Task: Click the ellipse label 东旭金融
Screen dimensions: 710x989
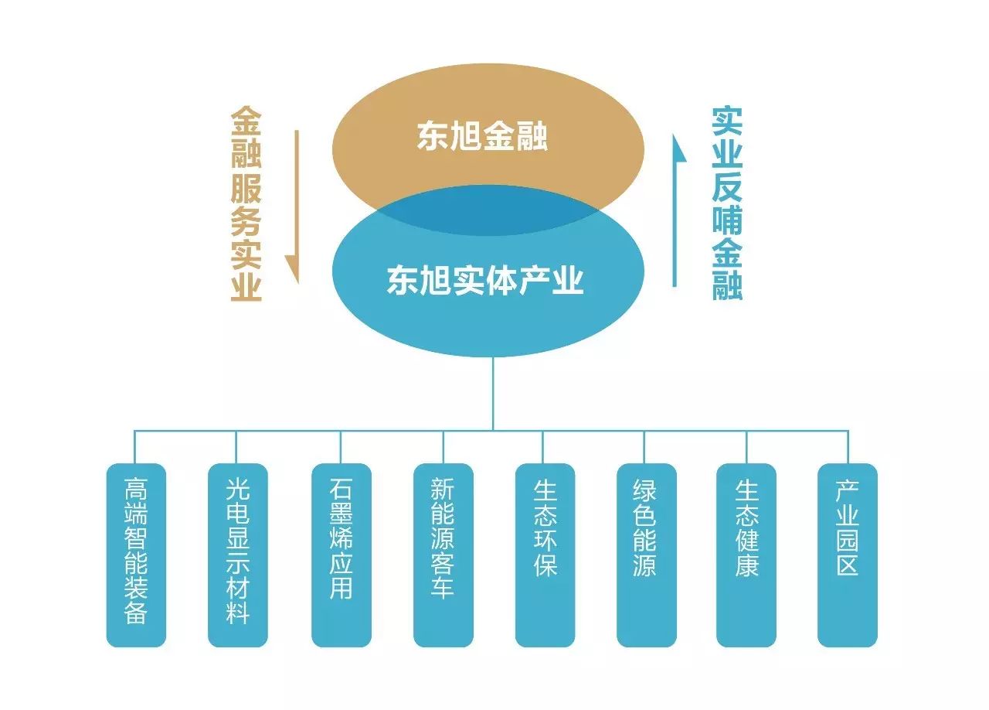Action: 482,136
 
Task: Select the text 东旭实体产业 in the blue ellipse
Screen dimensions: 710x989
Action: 485,280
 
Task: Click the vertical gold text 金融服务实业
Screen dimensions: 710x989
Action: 246,204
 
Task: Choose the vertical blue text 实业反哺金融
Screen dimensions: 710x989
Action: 726,204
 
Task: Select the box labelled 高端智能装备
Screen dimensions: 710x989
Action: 136,555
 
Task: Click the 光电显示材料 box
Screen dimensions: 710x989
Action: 238,555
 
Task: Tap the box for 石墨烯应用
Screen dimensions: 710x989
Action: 341,555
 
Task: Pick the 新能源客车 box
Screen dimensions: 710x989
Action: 443,555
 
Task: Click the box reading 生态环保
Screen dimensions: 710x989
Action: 545,555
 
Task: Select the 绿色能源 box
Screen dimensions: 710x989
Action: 645,555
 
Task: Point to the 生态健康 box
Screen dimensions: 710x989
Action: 746,555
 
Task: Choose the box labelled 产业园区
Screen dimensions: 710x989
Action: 848,555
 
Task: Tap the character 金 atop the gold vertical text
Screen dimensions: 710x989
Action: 246,121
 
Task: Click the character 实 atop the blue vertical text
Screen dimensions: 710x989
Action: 726,121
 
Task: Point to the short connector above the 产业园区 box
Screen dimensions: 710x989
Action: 848,447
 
